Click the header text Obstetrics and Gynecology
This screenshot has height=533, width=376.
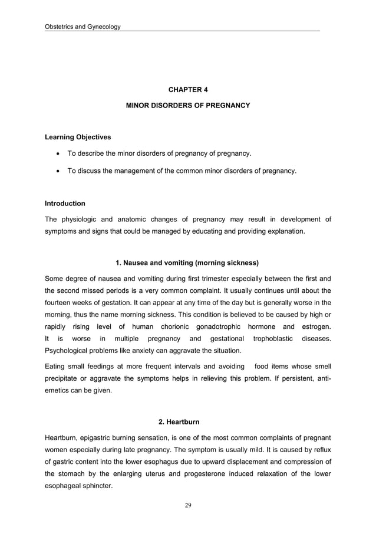coord(83,27)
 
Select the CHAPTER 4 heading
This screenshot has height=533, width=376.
coord(188,90)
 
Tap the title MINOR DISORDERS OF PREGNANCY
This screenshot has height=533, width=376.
coord(188,105)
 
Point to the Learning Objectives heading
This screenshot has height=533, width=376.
coord(78,138)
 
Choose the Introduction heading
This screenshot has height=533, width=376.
coord(65,204)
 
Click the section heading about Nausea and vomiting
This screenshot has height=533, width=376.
coord(187,262)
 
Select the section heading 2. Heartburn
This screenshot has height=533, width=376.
coord(179,422)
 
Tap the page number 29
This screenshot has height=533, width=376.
coord(188,505)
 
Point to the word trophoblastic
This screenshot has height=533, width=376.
coord(271,339)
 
